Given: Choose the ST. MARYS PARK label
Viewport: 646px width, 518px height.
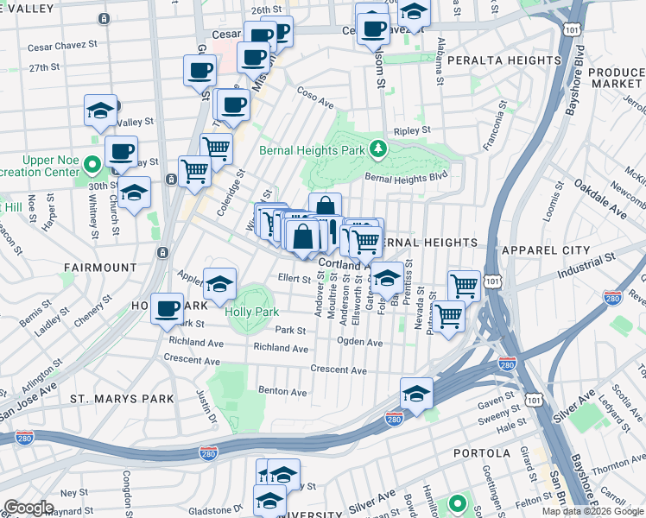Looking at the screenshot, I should point(122,399).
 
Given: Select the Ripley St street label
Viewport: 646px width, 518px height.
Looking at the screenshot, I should point(412,130).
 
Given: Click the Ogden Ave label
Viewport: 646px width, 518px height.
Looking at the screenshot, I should point(360,343).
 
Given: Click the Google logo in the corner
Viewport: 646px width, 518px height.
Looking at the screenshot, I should point(28,508).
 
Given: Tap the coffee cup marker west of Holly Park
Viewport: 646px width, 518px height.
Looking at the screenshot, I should point(168,308).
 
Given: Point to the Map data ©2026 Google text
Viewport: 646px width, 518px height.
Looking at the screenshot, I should point(592,511).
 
